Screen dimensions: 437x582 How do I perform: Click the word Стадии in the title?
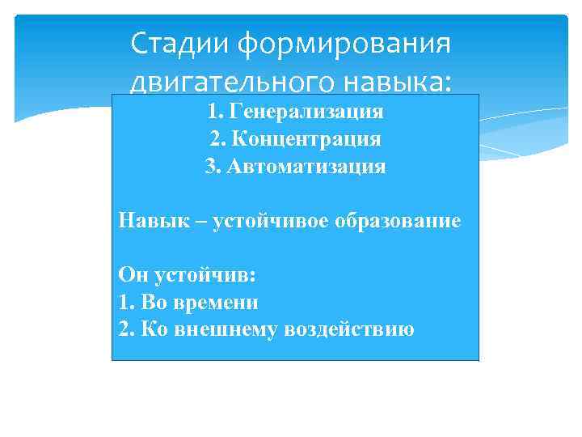(179, 42)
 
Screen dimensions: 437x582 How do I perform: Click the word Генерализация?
(306, 111)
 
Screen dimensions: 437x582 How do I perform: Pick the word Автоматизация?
(306, 167)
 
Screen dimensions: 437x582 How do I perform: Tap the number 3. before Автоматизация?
(212, 167)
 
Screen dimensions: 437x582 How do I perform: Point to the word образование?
(400, 221)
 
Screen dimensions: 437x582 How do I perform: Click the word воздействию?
(349, 329)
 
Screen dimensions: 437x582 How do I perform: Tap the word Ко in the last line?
(151, 329)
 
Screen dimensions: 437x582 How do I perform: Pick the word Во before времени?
(153, 303)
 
